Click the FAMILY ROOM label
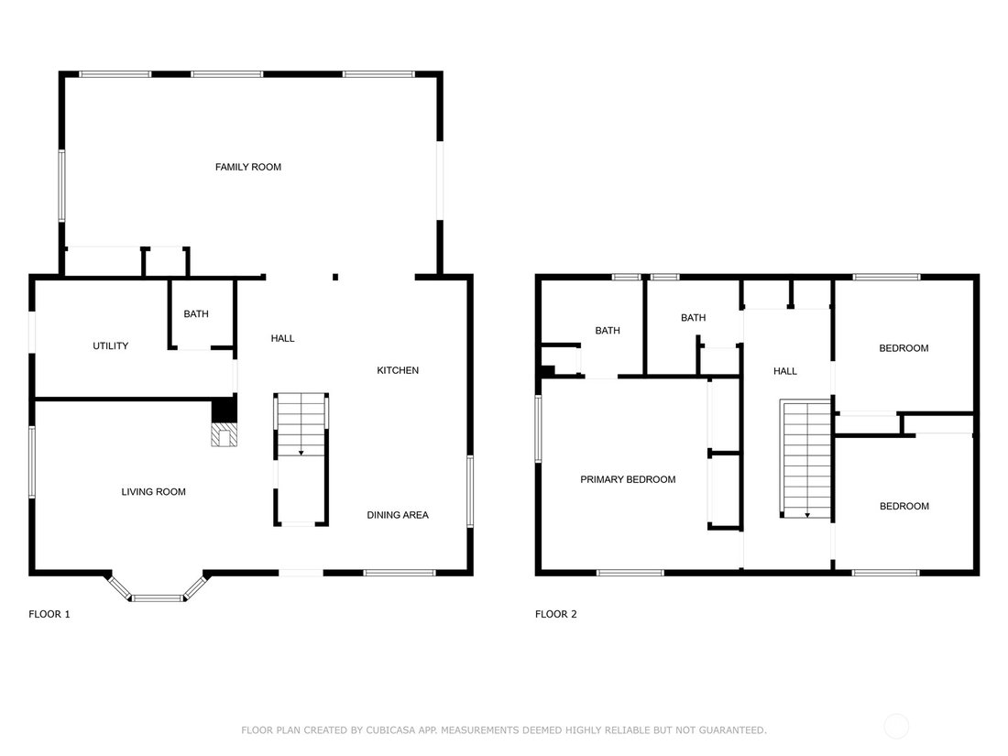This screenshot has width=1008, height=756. (x=248, y=167)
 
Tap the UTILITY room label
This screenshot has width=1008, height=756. (x=111, y=345)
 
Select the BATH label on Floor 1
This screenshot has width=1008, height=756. (x=196, y=313)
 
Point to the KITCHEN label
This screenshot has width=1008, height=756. (x=398, y=370)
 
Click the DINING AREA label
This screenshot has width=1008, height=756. (x=398, y=515)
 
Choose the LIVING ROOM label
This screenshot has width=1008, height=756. (x=154, y=492)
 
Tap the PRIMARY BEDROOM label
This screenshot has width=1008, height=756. (x=628, y=479)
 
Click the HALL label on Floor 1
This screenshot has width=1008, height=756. (x=283, y=338)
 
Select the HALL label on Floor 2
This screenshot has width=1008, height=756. (x=785, y=371)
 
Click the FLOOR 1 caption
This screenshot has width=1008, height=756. (x=49, y=614)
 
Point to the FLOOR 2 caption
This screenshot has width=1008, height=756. (x=556, y=614)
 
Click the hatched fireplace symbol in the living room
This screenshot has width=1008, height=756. (x=225, y=434)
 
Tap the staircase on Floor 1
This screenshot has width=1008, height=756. (x=301, y=460)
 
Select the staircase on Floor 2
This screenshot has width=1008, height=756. (x=805, y=458)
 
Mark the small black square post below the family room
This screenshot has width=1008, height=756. (x=334, y=277)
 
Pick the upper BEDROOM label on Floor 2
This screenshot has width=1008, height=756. (x=904, y=348)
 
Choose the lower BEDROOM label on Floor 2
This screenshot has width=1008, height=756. (x=904, y=507)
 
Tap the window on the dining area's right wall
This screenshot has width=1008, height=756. (x=470, y=491)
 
